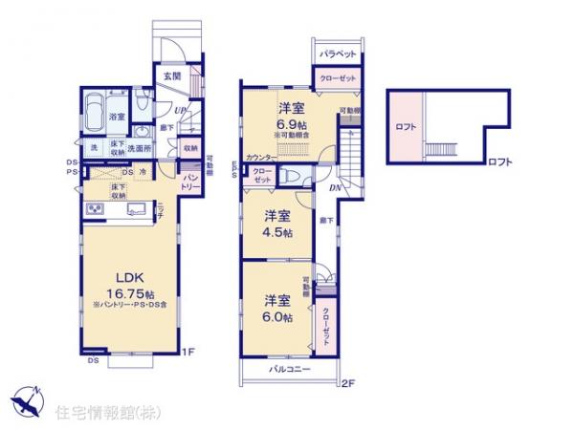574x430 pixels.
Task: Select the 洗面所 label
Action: (x=142, y=148)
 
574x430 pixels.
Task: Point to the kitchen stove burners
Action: (x=96, y=208)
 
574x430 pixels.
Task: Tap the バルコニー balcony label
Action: (x=289, y=368)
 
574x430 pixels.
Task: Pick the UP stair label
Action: (x=168, y=110)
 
